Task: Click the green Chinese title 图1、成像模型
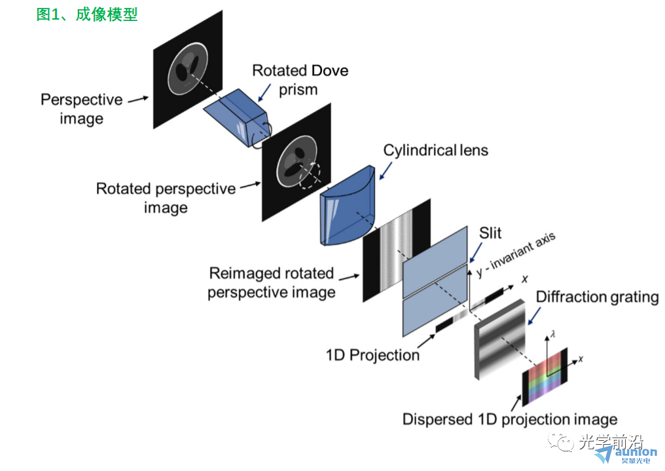tap(86, 14)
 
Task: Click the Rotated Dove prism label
tap(300, 80)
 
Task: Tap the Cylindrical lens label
tap(435, 150)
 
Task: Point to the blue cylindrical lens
tap(348, 206)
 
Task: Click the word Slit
tap(490, 233)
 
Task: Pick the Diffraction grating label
tap(597, 297)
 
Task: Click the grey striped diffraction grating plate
tap(499, 339)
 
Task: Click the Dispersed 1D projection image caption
tap(510, 419)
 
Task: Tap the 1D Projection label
tap(373, 355)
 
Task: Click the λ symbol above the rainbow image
tap(552, 335)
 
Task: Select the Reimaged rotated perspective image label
tap(272, 282)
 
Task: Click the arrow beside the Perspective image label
tap(138, 100)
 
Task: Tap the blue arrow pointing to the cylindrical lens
tap(386, 170)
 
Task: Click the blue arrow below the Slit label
tap(475, 252)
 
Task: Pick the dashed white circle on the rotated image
tap(310, 174)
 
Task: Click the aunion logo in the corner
tap(626, 455)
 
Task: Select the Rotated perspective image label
tap(166, 198)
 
